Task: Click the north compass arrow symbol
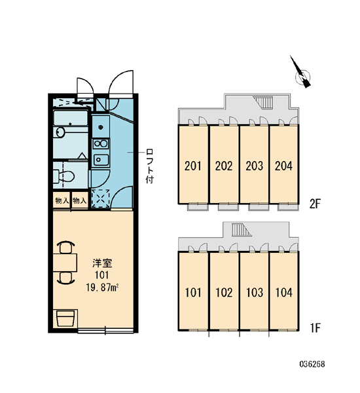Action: [x=301, y=73]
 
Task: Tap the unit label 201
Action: [x=192, y=166]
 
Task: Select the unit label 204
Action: [x=283, y=166]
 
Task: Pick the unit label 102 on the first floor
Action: [x=224, y=293]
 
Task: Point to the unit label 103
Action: [x=254, y=293]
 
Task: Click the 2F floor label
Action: [x=315, y=204]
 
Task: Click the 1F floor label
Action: [x=315, y=328]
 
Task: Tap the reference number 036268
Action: [x=312, y=364]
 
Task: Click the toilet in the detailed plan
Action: [x=63, y=176]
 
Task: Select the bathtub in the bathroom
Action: [x=71, y=118]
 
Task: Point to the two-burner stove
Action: [x=100, y=144]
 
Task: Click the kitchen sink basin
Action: [x=100, y=159]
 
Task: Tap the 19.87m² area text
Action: [x=102, y=288]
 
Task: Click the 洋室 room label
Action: [x=102, y=263]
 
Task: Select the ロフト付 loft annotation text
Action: [x=149, y=166]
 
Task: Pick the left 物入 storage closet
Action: [x=62, y=200]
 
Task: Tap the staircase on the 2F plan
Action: [x=263, y=103]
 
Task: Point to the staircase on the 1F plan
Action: [x=241, y=230]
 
